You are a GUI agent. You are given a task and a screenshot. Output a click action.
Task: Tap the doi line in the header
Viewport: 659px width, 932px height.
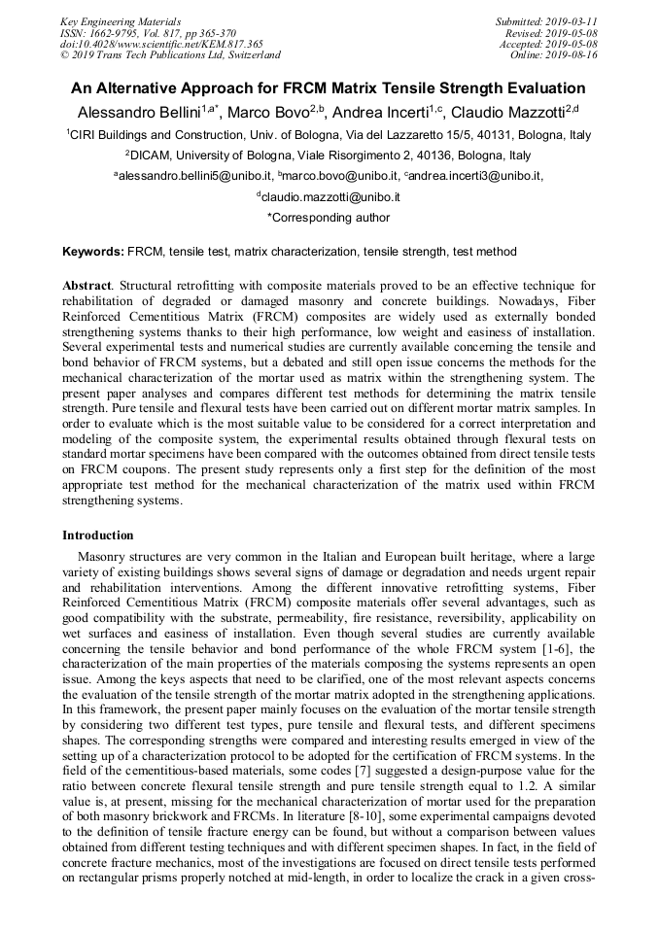coord(161,45)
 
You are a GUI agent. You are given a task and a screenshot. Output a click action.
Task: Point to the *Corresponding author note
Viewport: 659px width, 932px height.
coord(329,218)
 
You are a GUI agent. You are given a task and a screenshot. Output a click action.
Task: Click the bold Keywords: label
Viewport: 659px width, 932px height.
coord(93,252)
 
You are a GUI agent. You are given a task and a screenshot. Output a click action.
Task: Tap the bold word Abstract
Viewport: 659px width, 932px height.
coord(87,287)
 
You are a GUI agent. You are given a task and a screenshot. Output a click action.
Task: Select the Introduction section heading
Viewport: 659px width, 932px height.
coord(98,535)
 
